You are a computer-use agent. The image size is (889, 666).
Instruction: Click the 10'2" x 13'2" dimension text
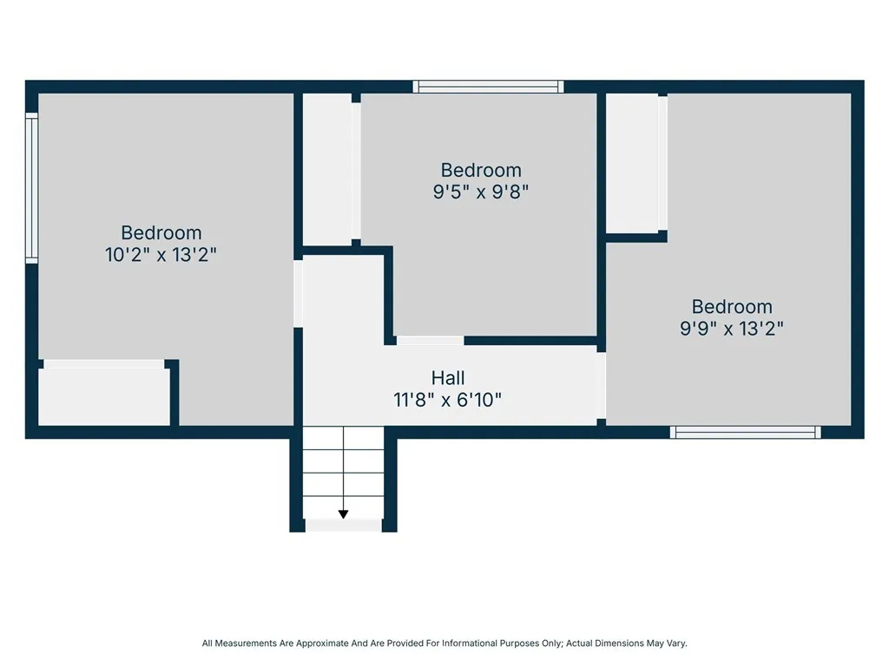[x=161, y=255]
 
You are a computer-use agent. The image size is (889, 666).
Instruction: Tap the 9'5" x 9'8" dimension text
[x=481, y=192]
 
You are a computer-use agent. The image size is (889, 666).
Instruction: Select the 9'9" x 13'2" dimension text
[x=732, y=329]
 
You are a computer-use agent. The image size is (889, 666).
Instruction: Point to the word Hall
[x=448, y=378]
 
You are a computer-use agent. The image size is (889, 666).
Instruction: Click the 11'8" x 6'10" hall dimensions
[x=448, y=400]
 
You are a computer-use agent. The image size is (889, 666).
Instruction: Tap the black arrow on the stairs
[x=343, y=514]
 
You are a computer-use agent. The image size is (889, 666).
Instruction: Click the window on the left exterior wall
[x=31, y=188]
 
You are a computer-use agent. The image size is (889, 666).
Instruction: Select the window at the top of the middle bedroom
[x=488, y=87]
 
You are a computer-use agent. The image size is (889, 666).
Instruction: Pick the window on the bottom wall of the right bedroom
[x=746, y=432]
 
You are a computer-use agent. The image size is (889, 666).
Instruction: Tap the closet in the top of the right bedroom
[x=632, y=162]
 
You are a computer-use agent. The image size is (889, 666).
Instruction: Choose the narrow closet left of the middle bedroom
[x=326, y=168]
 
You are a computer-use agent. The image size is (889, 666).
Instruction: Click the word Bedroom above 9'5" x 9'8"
[x=481, y=170]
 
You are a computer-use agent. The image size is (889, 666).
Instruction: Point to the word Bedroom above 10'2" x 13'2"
[x=161, y=232]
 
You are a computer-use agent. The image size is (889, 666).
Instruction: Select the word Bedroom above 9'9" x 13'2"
[x=732, y=307]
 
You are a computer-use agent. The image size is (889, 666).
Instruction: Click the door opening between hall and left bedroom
[x=298, y=293]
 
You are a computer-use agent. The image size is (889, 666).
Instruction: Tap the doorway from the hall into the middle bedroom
[x=430, y=341]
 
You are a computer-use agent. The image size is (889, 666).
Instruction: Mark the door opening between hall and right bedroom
[x=602, y=385]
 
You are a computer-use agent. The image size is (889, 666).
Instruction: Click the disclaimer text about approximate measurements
[x=444, y=643]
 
